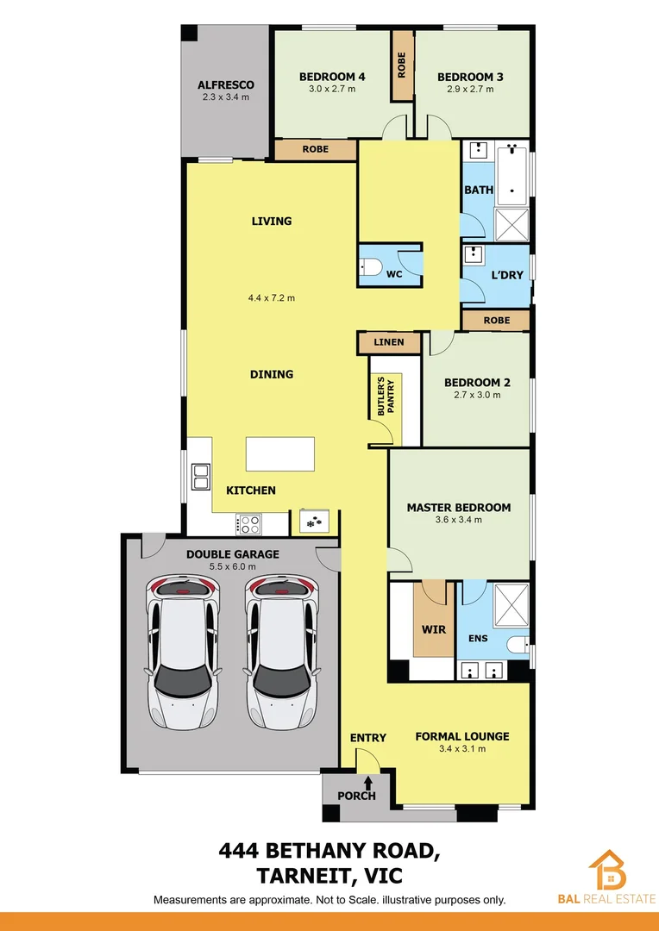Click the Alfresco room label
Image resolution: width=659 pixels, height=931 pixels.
[x=225, y=84]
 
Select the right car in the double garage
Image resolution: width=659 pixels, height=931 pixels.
[x=281, y=651]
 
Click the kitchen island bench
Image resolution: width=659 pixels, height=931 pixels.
[x=280, y=454]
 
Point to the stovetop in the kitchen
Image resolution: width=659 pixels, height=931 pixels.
[x=249, y=522]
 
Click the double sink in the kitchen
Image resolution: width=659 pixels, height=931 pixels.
[x=201, y=477]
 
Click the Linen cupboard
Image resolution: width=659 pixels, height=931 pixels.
[x=389, y=343]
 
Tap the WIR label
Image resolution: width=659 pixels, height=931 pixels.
[x=433, y=629]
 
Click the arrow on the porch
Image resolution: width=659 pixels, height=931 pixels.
[x=368, y=783]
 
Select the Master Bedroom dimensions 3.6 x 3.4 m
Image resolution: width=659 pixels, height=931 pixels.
[x=458, y=520]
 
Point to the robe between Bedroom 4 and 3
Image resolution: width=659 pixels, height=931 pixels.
[x=402, y=56]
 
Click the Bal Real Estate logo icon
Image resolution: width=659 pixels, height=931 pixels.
[x=608, y=871]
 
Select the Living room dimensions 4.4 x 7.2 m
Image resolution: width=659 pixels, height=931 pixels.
[x=271, y=298]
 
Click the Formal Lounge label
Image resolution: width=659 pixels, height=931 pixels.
[x=461, y=736]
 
